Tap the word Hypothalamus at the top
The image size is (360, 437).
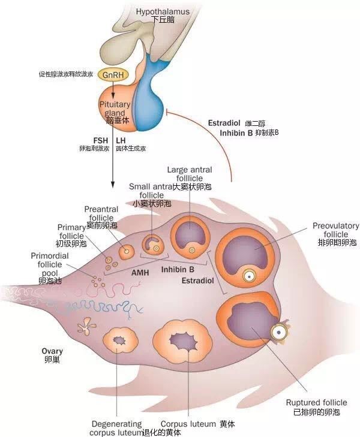[x=162, y=11]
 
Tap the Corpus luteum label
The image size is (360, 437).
[x=188, y=423]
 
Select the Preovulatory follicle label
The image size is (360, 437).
[x=335, y=230]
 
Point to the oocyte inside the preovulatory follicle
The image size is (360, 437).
[x=248, y=276]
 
